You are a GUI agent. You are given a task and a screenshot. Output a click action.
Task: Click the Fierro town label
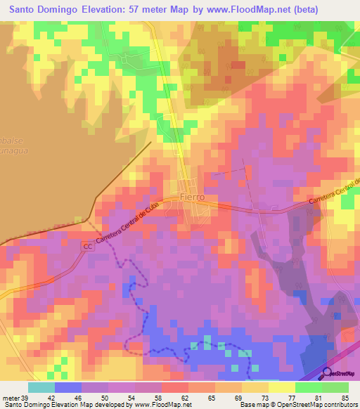(x=192, y=197)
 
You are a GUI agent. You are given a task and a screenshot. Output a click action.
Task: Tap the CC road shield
(x=87, y=247)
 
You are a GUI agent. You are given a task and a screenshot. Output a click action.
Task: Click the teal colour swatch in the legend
(x=41, y=387)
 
